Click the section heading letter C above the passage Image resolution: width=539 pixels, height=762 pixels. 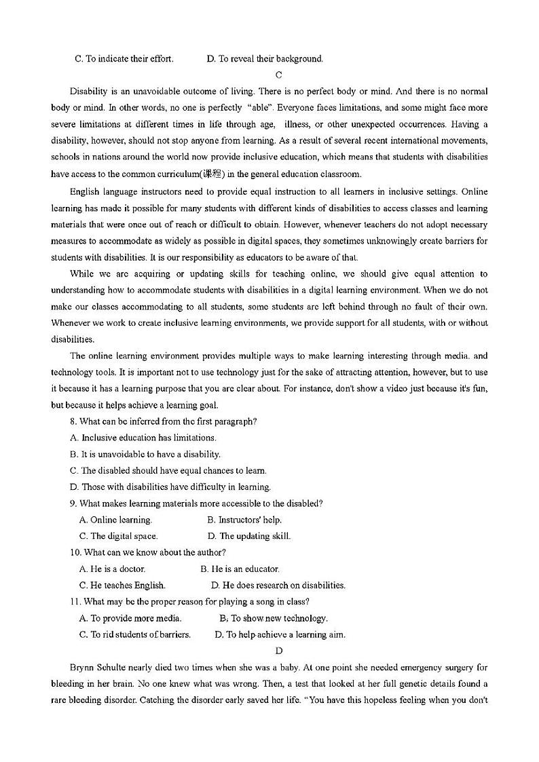(x=279, y=75)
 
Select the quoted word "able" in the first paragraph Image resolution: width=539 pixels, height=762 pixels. (x=259, y=107)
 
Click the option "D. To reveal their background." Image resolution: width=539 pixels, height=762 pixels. (x=265, y=58)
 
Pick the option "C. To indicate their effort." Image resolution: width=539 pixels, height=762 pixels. (x=124, y=58)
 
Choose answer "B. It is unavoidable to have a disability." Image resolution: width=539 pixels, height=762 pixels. (x=145, y=454)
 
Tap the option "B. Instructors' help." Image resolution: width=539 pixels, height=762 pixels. (x=244, y=520)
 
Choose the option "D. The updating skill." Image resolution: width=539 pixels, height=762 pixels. (x=248, y=536)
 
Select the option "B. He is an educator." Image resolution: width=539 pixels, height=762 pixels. (x=240, y=569)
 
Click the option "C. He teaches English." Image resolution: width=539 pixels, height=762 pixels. (x=122, y=585)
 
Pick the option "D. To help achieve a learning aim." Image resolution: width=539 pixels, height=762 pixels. (x=280, y=634)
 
